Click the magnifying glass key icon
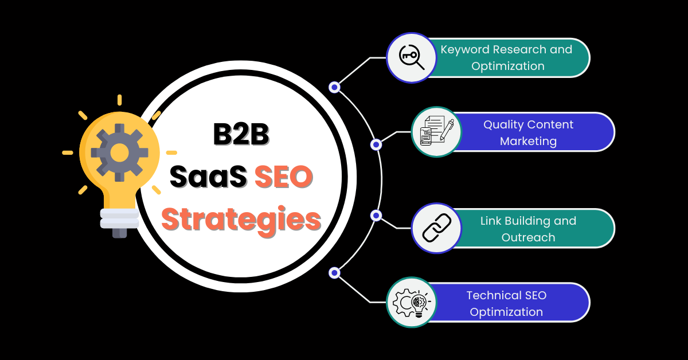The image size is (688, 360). click(412, 57)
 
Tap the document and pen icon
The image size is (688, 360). click(436, 131)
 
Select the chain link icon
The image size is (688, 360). click(436, 228)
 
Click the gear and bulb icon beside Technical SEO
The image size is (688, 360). click(412, 303)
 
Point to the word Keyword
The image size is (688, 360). click(465, 50)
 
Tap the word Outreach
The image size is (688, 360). click(528, 237)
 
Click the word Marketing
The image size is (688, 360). click(528, 142)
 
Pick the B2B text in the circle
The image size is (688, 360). click(241, 134)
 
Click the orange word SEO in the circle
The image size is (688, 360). click(283, 177)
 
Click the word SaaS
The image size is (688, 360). click(208, 177)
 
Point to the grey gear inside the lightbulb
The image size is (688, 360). click(119, 152)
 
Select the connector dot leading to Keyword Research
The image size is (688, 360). click(334, 87)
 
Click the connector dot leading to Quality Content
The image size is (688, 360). click(376, 144)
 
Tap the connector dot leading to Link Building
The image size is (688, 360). click(376, 216)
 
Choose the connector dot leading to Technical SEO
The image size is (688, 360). click(334, 273)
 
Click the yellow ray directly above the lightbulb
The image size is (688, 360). click(119, 100)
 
